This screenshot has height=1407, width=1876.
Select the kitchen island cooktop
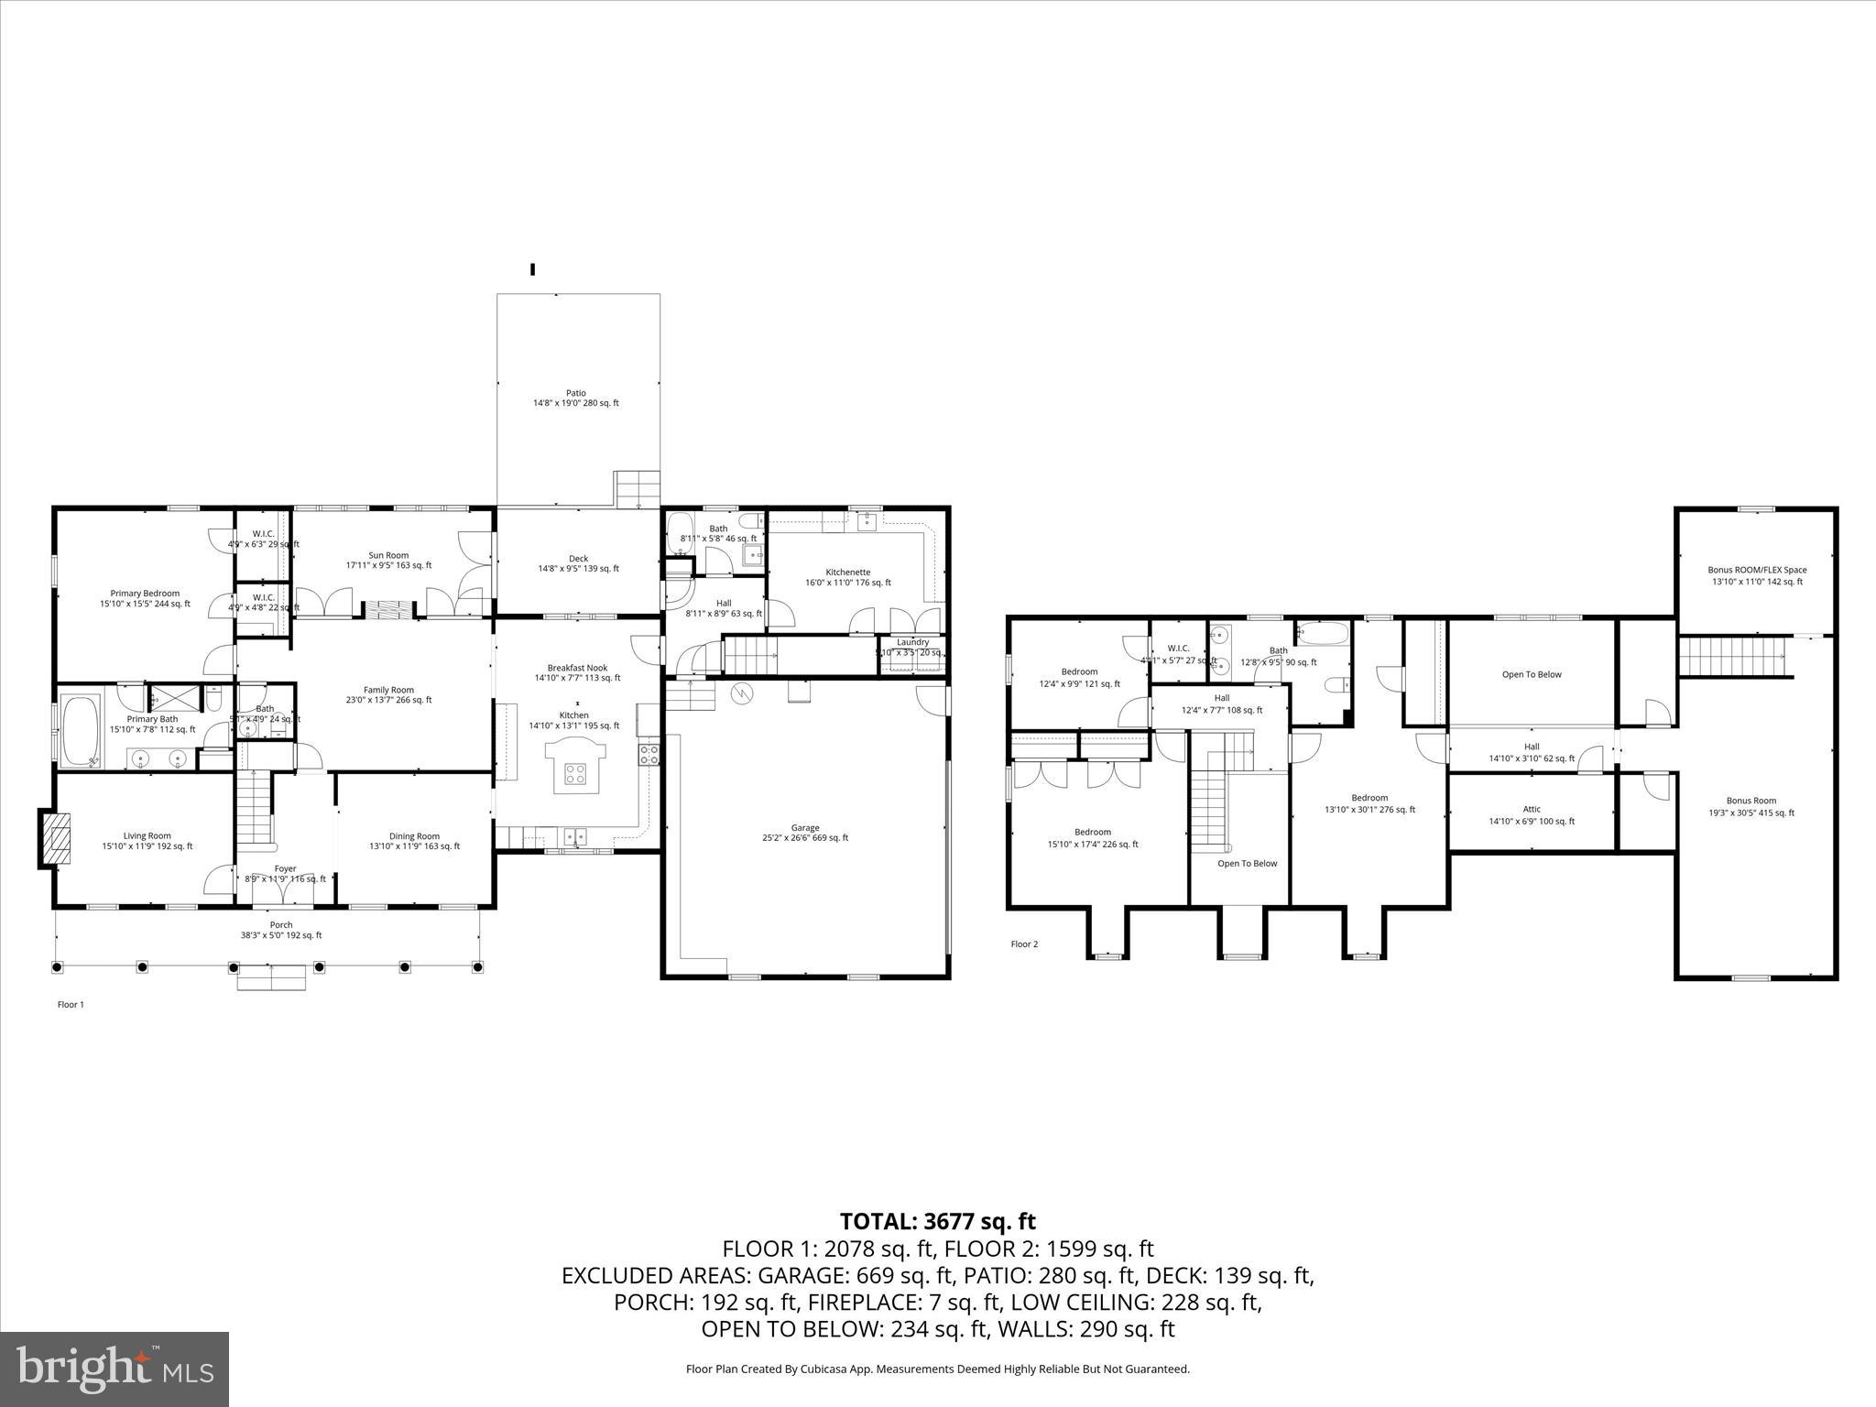[x=575, y=773]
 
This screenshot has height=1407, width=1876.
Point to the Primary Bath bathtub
[x=81, y=730]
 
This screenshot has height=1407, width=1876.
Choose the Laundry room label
[x=912, y=642]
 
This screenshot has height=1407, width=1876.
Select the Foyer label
[x=285, y=868]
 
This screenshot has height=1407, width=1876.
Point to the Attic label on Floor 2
[x=1532, y=809]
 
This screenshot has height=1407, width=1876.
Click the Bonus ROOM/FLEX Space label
[x=1757, y=570]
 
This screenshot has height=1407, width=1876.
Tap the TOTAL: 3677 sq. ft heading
[x=937, y=1221]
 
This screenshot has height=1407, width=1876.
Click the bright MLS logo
[x=115, y=1369]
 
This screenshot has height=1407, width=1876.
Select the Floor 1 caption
[x=71, y=1005]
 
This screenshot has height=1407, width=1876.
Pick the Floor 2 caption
[x=1024, y=943]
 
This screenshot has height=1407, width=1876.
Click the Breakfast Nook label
[x=577, y=668]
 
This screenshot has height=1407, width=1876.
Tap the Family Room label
[x=388, y=690]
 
